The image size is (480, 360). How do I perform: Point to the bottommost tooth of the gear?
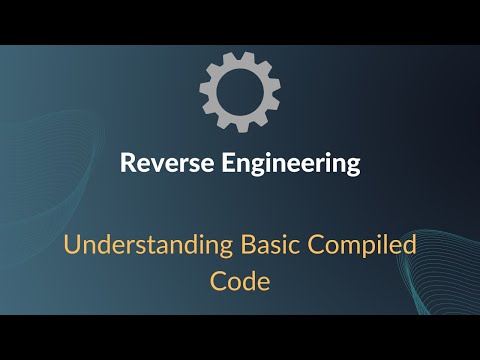pyautogui.click(x=240, y=126)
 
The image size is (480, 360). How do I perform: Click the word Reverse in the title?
pyautogui.click(x=161, y=164)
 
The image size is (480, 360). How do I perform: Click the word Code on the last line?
pyautogui.click(x=240, y=281)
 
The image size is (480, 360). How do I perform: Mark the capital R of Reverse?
pyautogui.click(x=127, y=164)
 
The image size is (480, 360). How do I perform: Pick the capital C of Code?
pyautogui.click(x=217, y=281)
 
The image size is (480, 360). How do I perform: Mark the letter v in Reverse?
pyautogui.click(x=152, y=165)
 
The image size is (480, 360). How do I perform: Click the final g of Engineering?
pyautogui.click(x=352, y=168)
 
